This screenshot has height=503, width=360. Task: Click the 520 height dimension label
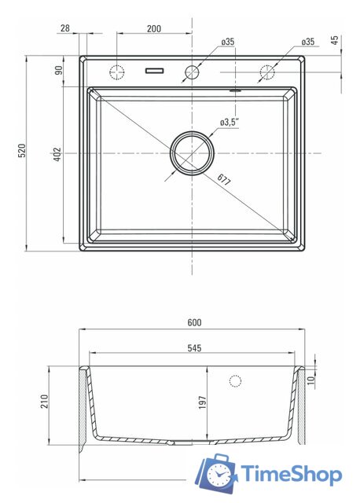pos(21,150)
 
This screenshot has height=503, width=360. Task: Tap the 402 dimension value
pos(57,154)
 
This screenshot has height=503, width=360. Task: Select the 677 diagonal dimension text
pos(224,180)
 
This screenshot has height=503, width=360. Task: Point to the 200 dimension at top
pos(154,28)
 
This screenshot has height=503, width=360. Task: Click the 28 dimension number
pos(64,28)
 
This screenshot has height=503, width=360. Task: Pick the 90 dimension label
pos(58,70)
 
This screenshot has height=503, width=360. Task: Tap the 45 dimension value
pos(335,40)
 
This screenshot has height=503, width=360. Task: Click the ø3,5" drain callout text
pos(230,123)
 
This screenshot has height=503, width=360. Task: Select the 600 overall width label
pos(194,322)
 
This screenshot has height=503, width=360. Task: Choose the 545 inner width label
pos(194,348)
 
